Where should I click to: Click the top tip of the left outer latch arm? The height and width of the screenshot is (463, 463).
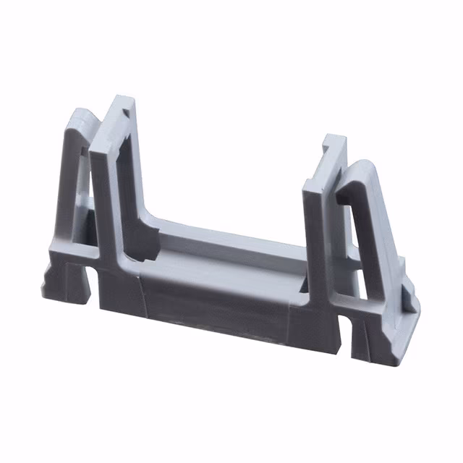[81, 114]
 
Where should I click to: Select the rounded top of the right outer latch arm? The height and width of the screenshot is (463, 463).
[365, 168]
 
